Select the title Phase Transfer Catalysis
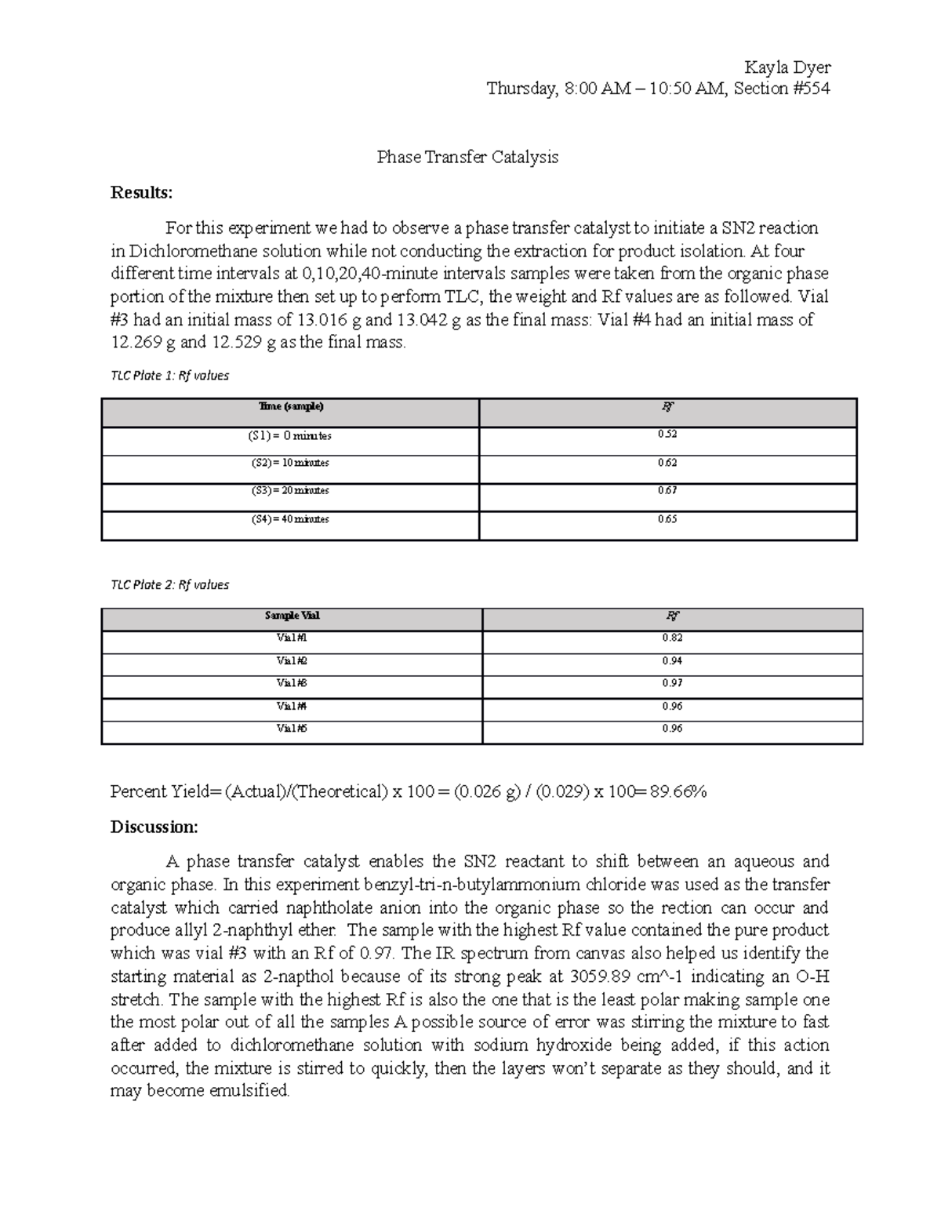(467, 157)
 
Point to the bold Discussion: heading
(154, 827)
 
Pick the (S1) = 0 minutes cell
(290, 435)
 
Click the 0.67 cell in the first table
(667, 490)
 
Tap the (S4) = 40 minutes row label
(290, 519)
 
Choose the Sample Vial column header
(292, 616)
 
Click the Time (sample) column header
(290, 406)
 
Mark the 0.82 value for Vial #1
(672, 638)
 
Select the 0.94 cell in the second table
(672, 660)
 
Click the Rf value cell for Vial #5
(672, 728)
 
